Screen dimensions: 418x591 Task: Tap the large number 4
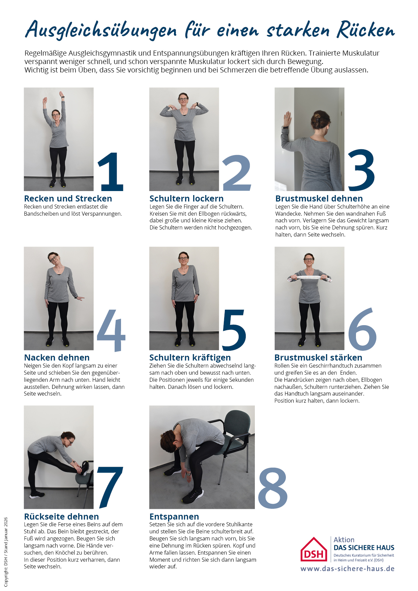(x=111, y=331)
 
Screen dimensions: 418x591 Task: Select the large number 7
(x=110, y=488)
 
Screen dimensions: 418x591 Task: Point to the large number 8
(x=273, y=488)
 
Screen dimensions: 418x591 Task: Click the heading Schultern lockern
(x=186, y=198)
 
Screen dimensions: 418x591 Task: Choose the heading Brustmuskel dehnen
(x=319, y=198)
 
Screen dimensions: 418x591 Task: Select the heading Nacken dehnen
(x=57, y=357)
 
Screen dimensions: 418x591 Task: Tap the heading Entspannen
(x=174, y=517)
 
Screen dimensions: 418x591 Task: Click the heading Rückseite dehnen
(x=61, y=517)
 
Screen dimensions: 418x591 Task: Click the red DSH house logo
(x=314, y=549)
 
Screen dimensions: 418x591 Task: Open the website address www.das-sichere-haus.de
(x=348, y=569)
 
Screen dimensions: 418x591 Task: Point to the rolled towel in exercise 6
(x=309, y=278)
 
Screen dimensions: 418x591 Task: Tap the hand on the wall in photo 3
(x=287, y=119)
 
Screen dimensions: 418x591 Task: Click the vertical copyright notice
(x=6, y=552)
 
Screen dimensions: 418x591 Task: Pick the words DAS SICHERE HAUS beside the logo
(x=364, y=548)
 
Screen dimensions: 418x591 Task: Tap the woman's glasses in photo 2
(x=183, y=99)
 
